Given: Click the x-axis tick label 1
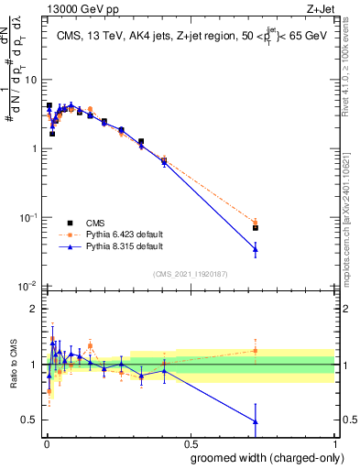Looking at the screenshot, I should pyautogui.click(x=336, y=442).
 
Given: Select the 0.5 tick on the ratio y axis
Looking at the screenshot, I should pyautogui.click(x=30, y=420).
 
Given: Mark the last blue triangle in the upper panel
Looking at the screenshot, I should pyautogui.click(x=256, y=249).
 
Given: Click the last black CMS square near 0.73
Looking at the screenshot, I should pyautogui.click(x=256, y=227).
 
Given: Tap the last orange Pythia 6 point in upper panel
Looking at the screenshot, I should pyautogui.click(x=256, y=223).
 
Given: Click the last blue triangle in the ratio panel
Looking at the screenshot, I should pyautogui.click(x=256, y=421).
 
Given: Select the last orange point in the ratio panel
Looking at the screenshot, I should pyautogui.click(x=256, y=350).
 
